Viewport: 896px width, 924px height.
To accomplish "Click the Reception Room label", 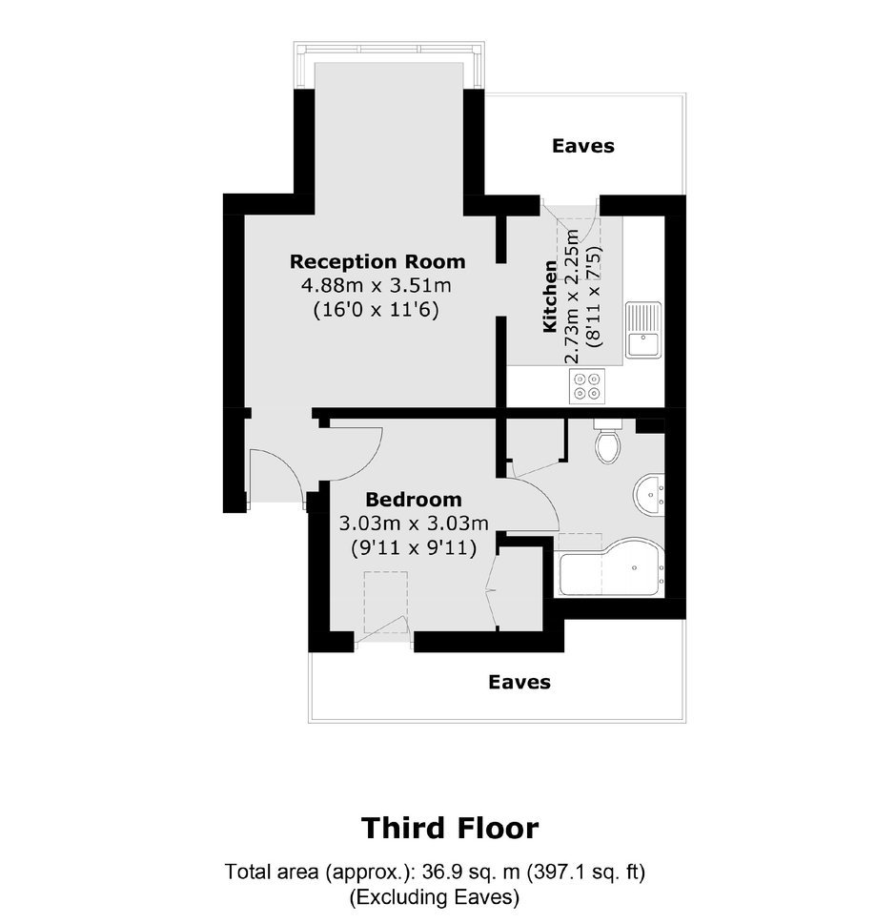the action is tap(377, 261).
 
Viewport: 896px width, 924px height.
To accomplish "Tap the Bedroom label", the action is tap(414, 500).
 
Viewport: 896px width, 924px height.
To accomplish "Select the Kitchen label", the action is tap(550, 296).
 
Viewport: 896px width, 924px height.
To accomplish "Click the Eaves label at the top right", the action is tap(583, 146).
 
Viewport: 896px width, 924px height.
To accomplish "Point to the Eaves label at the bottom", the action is tap(519, 683).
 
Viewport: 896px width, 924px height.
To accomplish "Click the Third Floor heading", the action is tap(450, 828).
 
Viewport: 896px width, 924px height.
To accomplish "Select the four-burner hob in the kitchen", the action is tap(587, 386).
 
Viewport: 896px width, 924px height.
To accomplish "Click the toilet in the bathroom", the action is tap(606, 441).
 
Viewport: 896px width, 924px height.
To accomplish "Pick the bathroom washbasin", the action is tap(649, 494).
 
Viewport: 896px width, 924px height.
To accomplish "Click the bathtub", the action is tap(611, 566).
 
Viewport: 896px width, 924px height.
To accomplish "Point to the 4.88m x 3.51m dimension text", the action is tap(377, 286).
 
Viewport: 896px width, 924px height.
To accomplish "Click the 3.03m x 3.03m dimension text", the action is tap(414, 524).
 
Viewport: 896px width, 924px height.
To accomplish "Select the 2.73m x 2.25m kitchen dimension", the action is tap(572, 296).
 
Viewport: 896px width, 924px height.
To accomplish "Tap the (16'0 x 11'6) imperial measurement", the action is tap(377, 309).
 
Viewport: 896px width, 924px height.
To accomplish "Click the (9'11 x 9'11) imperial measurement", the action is tap(414, 548).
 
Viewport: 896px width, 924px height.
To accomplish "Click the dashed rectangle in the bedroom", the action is tap(386, 602).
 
